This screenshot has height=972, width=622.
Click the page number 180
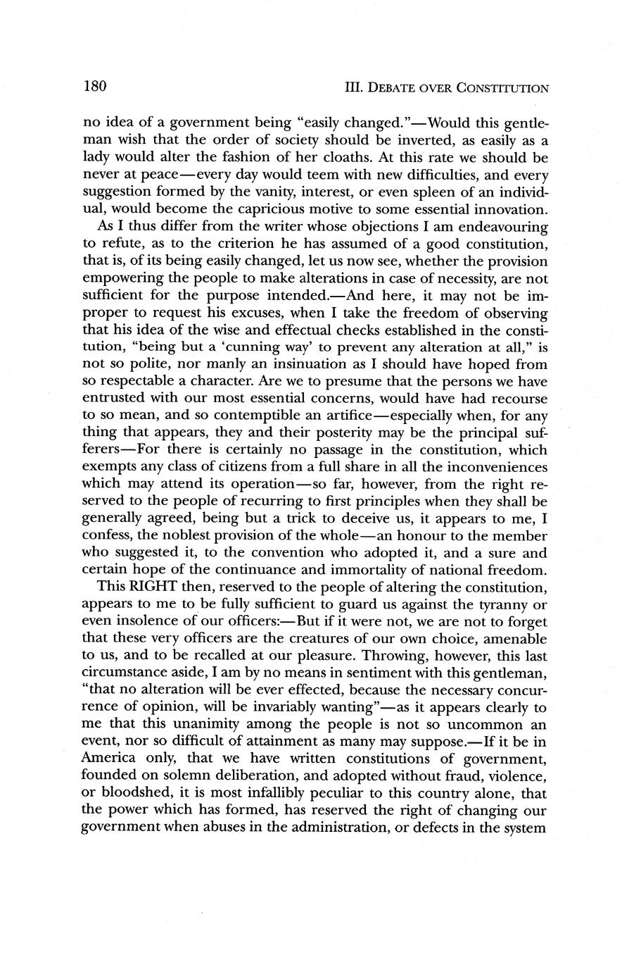(x=94, y=87)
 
